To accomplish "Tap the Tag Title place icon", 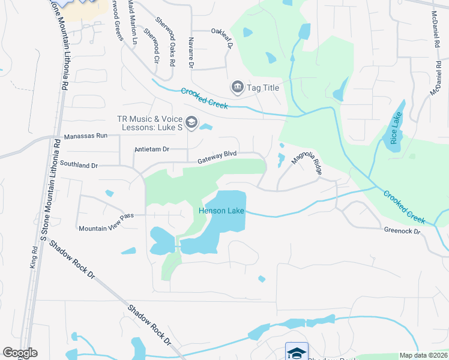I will [237, 88].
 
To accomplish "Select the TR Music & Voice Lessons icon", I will [191, 123].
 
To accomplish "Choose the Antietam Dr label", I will [152, 149].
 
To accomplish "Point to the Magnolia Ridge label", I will [307, 163].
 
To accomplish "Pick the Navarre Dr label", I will [191, 53].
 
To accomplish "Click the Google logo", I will [20, 352].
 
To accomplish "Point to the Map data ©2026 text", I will [423, 355].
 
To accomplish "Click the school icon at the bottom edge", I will [296, 352].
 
